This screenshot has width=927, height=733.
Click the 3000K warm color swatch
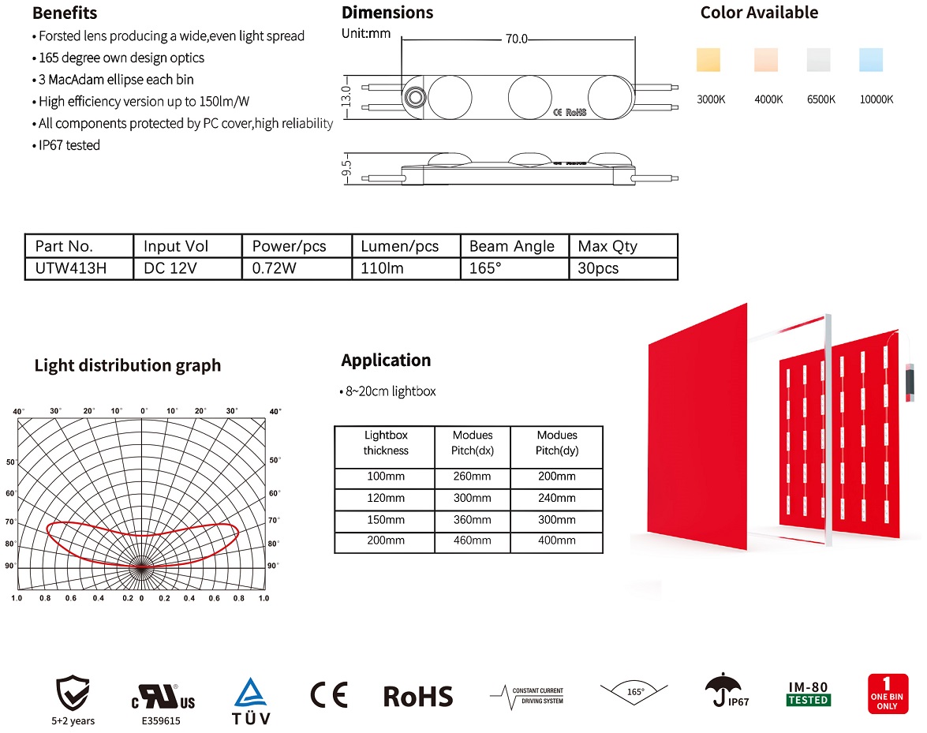708,61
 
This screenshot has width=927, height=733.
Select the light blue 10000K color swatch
871,61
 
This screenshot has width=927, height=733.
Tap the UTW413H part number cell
71,268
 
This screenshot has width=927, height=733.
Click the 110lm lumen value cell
383,268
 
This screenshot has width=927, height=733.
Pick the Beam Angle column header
512,246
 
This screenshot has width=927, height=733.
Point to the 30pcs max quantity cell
599,268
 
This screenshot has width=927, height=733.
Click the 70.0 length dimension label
517,39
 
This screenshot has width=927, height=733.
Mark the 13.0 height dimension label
345,92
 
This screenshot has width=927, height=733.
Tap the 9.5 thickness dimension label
345,168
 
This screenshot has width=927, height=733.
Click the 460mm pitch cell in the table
472,541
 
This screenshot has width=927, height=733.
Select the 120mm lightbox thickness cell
386,499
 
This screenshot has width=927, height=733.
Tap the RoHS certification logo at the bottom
418,696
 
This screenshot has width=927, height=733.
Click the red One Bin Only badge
888,694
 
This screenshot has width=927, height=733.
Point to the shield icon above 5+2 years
73,692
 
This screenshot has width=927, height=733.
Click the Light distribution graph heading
128,366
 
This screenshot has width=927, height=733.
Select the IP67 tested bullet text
69,145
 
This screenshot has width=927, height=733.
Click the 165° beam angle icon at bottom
635,692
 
